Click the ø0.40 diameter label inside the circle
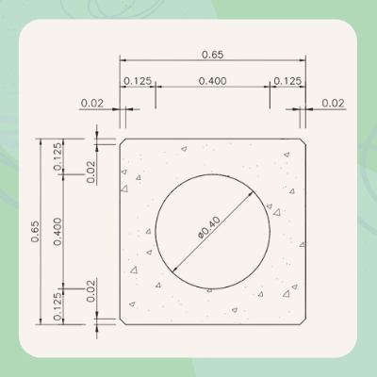coord(210,228)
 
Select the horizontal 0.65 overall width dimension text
coord(212,55)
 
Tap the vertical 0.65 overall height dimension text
coord(36,231)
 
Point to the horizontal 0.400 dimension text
coord(212,82)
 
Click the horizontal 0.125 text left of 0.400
coord(138,82)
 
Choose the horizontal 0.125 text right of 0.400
coord(287,82)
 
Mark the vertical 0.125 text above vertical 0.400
coord(59,156)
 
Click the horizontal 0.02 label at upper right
coord(333,102)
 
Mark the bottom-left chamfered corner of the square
coord(123,322)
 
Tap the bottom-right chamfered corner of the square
coord(304,322)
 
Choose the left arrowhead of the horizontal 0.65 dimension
coord(123,61)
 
